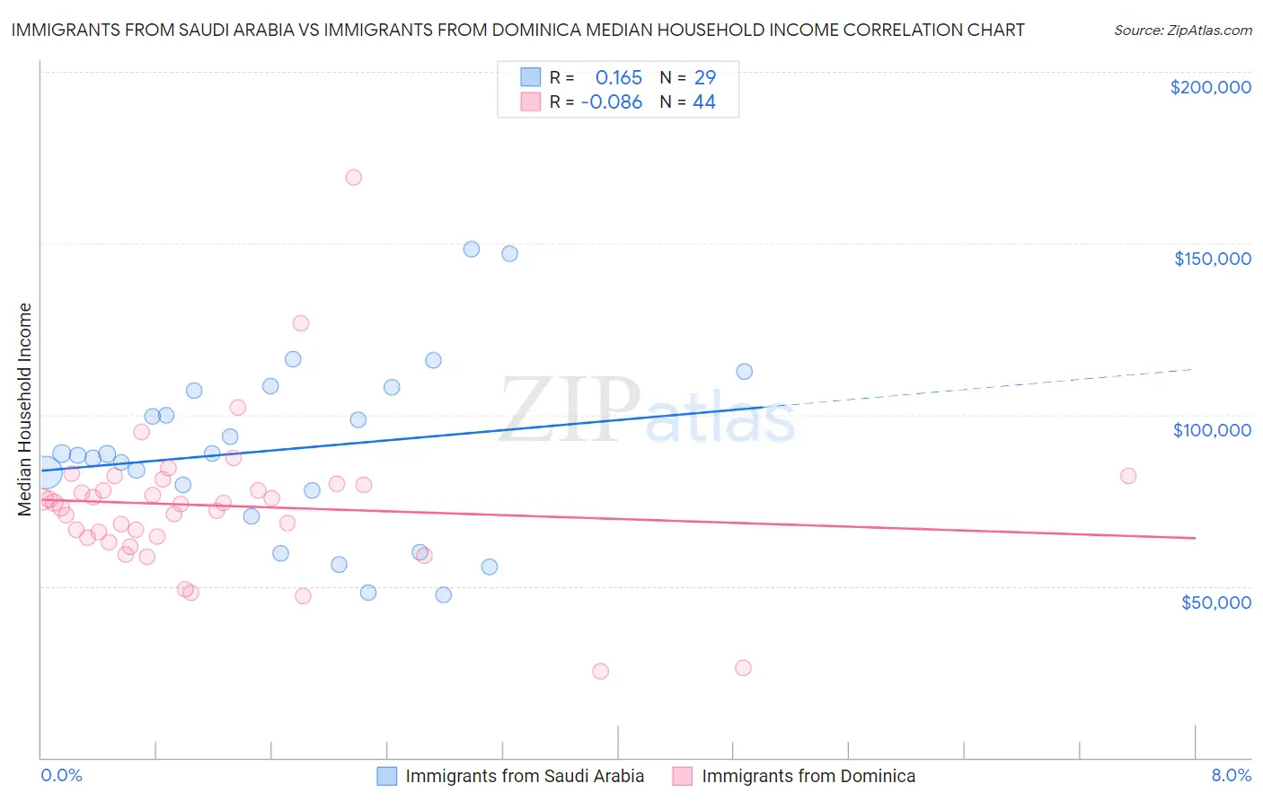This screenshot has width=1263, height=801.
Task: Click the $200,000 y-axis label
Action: [x=1210, y=87]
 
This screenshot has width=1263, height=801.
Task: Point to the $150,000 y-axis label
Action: [x=1212, y=259]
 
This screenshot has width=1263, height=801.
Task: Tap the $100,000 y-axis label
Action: [x=1212, y=430]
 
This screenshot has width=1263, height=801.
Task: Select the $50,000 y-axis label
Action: [x=1215, y=602]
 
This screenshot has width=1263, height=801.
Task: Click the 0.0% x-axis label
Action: [x=61, y=775]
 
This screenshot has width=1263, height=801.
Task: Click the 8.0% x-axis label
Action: [x=1231, y=775]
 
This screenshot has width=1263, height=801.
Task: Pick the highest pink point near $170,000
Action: [x=353, y=177]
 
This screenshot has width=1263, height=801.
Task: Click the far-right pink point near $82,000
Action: [x=1128, y=476]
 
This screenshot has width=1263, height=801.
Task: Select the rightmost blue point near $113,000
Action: [x=744, y=372]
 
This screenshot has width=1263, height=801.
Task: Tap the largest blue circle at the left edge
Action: [x=45, y=471]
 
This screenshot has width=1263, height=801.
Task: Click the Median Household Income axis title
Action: [x=24, y=409]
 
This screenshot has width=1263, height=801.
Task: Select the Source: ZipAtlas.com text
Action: [x=1182, y=30]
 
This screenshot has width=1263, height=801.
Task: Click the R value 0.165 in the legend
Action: [x=618, y=77]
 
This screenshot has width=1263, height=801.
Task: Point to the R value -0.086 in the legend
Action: [x=612, y=102]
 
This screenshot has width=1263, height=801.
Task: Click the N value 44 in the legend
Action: [x=704, y=102]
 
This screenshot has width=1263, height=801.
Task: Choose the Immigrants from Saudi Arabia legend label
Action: [x=525, y=776]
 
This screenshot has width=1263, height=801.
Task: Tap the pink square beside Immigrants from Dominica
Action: [x=683, y=776]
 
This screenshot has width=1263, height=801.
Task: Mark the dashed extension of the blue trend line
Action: [x=979, y=388]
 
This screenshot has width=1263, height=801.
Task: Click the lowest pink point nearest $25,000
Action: [x=600, y=671]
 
